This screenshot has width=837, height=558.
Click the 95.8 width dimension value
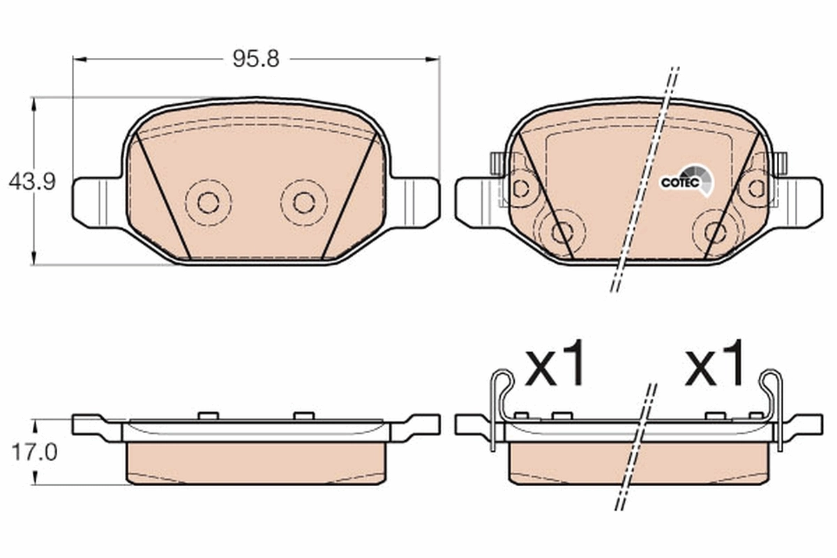point(256,59)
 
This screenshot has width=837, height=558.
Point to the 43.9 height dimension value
point(31,183)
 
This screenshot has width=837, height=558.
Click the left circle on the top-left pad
point(208,202)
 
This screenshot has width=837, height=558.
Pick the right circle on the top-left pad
point(304,202)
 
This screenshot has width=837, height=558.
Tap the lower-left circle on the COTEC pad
point(561,232)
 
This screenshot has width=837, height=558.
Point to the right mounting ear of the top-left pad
point(416,202)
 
